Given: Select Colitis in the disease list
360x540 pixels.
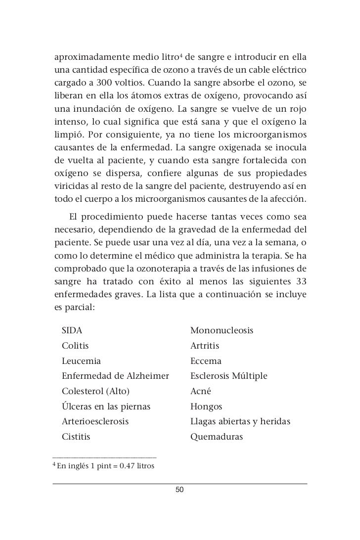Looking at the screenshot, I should point(75,345).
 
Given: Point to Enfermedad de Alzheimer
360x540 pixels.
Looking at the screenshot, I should point(115,376).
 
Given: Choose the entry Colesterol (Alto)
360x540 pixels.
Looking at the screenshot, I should point(95,391).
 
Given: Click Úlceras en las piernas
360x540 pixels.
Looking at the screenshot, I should point(106,406).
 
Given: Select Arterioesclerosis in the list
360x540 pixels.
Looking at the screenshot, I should point(95,422).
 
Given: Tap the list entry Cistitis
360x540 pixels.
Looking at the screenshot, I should point(77,437).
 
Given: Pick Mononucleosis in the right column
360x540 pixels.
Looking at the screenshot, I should point(222,329).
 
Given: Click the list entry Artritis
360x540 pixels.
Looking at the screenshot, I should point(205,345).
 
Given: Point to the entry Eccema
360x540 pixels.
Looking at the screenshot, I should point(206,360).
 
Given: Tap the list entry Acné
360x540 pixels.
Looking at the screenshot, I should point(201,391).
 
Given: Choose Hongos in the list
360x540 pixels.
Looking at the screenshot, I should point(206,406).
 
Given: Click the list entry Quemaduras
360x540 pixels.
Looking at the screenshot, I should point(216,437).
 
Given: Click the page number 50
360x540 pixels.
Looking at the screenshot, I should point(180,490).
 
